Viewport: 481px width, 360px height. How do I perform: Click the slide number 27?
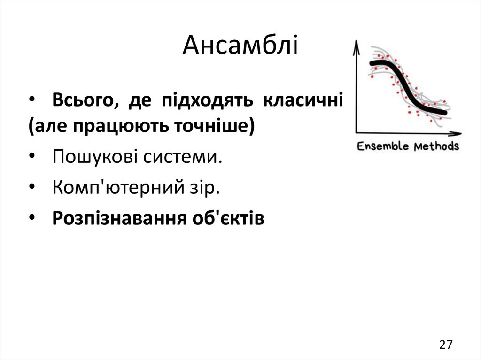[446, 345]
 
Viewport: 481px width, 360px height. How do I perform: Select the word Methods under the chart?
[436, 146]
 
